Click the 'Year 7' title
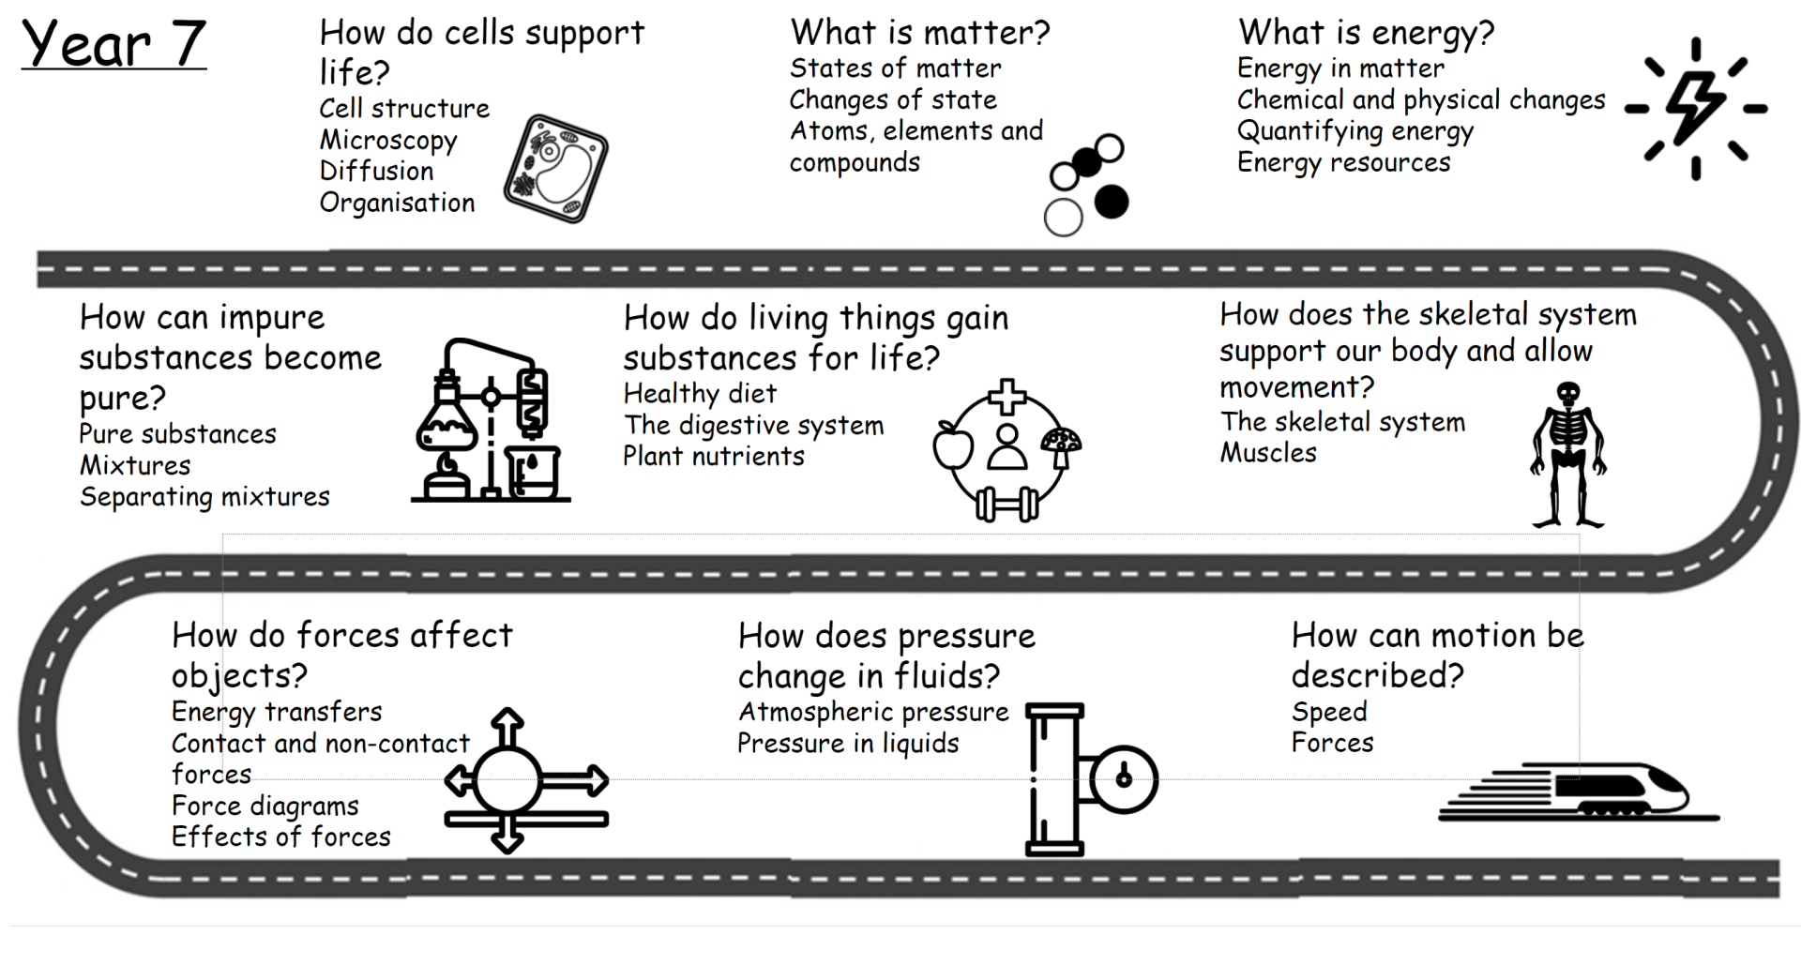click(x=114, y=44)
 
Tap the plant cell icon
click(x=555, y=169)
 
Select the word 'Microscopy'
click(x=388, y=141)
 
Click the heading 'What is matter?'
click(x=919, y=33)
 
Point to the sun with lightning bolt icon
click(x=1695, y=108)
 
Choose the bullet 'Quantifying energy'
click(x=1355, y=131)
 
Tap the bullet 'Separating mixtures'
click(x=204, y=497)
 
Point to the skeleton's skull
click(x=1567, y=393)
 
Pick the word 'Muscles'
click(x=1268, y=453)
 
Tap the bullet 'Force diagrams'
click(x=265, y=807)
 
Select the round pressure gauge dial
click(x=1123, y=778)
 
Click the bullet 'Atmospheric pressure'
click(x=873, y=712)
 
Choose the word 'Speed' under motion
click(x=1329, y=712)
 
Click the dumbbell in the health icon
click(x=1006, y=505)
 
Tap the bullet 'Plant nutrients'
click(x=714, y=457)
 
